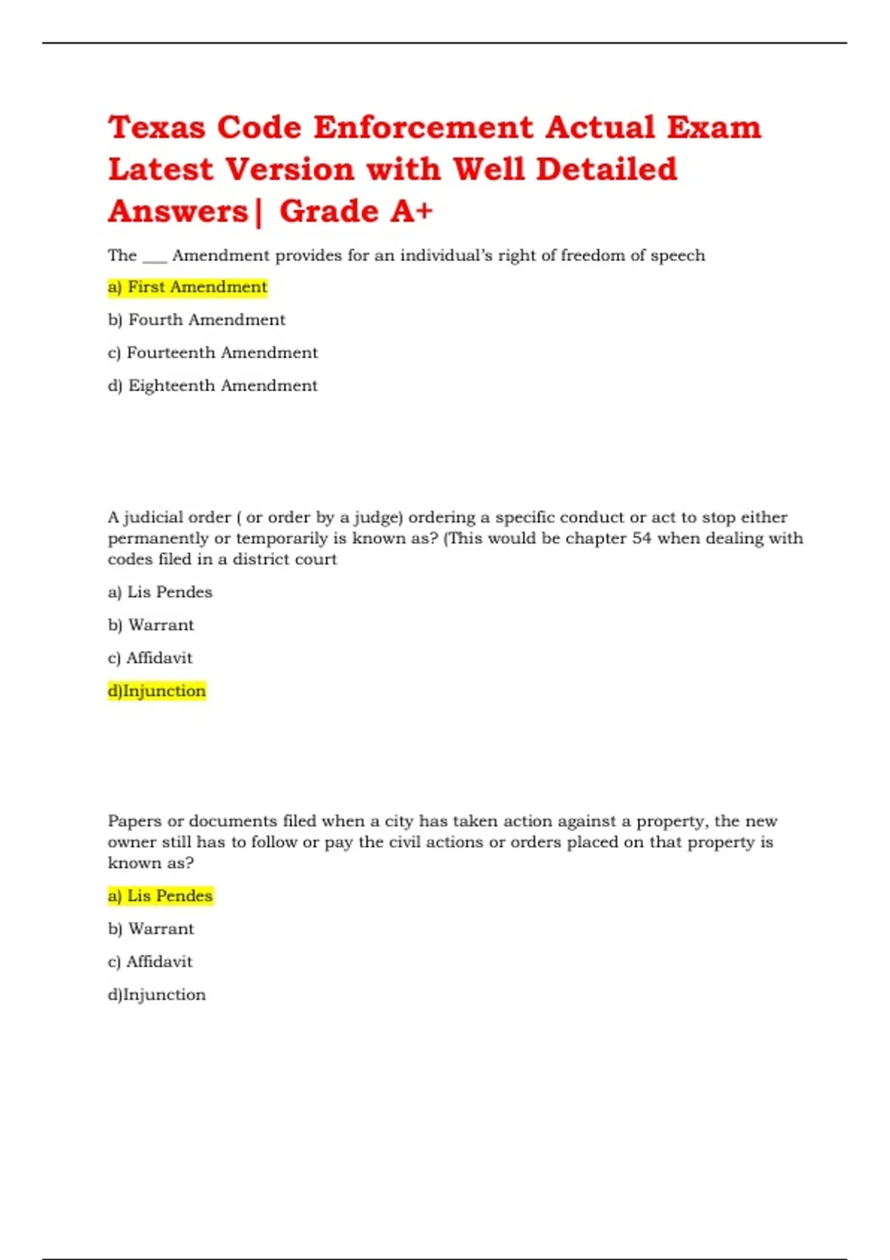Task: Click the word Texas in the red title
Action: pos(156,127)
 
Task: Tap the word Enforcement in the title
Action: pos(423,127)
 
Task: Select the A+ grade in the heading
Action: pos(412,211)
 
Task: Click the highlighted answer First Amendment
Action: pos(188,287)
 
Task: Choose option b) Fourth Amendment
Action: pos(197,319)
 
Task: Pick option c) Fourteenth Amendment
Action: pos(213,353)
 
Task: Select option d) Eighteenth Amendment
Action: pos(213,385)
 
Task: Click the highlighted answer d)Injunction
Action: pos(157,691)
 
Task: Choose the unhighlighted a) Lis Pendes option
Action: pos(160,592)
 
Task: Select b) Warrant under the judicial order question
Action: pos(151,625)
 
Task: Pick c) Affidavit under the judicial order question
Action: pos(151,658)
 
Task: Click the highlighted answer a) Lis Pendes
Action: pos(160,896)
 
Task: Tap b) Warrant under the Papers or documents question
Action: pos(151,929)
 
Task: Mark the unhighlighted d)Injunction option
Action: pos(157,995)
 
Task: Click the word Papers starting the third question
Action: pos(134,821)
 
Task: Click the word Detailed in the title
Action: pos(606,169)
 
